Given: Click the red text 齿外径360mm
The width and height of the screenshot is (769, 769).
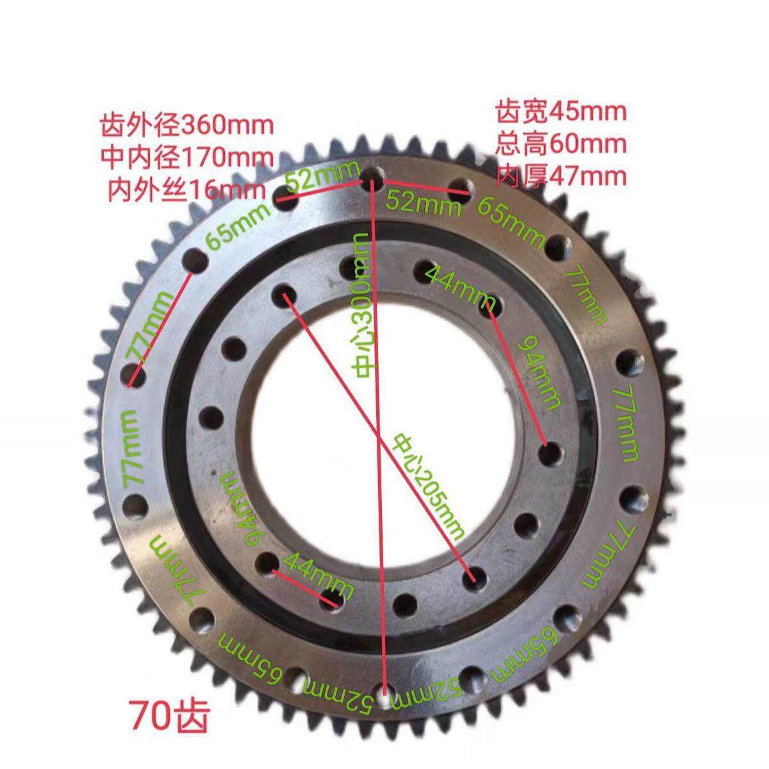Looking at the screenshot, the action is click(x=186, y=126).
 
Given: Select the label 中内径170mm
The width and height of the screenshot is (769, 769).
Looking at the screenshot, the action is click(x=186, y=158).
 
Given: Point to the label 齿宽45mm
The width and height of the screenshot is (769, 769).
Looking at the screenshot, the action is click(x=561, y=112).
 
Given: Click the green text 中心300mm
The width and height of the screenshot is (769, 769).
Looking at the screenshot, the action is click(x=361, y=305).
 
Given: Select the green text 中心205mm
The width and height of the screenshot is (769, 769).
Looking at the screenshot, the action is click(x=428, y=488).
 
